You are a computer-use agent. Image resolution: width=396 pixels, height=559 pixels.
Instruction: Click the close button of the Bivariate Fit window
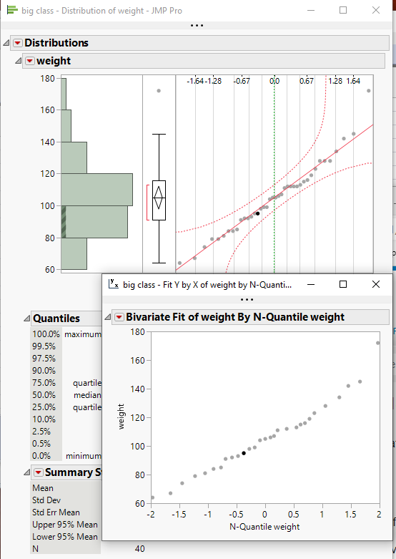pos(376,284)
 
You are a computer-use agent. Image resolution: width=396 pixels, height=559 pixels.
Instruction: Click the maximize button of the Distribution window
pos(343,10)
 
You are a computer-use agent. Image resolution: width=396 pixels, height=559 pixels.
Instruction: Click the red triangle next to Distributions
pos(18,43)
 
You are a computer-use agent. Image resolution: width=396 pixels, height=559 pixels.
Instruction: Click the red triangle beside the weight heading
pos(29,61)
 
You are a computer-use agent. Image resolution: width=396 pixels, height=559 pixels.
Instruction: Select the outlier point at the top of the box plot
pos(159,90)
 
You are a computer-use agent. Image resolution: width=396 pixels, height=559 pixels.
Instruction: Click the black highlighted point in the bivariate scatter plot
pos(244,453)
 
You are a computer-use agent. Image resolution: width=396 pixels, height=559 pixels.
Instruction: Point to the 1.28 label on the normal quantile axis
pos(335,82)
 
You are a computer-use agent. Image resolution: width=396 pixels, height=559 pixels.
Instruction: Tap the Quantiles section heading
pos(56,319)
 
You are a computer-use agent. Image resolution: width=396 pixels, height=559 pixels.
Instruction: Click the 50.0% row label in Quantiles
pos(44,394)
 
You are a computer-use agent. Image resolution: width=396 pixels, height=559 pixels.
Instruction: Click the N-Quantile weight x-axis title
pos(264,527)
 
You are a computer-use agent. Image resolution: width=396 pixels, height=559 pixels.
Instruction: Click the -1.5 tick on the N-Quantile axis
pos(179,515)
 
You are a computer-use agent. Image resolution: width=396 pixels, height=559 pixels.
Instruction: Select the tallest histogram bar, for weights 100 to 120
pos(96,190)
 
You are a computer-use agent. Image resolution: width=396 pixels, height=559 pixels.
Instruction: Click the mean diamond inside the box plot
pos(159,197)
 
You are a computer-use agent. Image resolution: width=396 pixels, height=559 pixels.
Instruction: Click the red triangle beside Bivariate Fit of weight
pos(119,317)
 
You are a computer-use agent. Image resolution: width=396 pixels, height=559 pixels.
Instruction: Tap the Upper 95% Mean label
pos(65,525)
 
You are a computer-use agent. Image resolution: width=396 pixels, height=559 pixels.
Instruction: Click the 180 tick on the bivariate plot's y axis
pos(138,331)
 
